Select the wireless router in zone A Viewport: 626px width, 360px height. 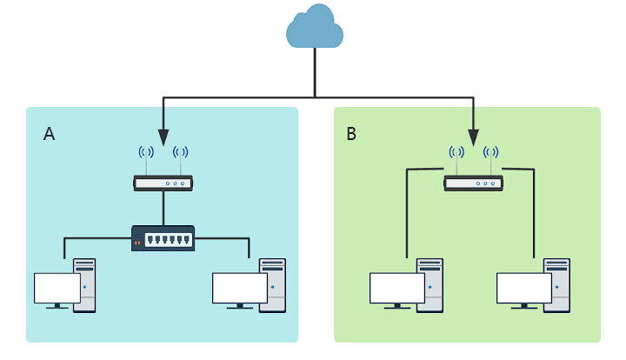[x=163, y=183]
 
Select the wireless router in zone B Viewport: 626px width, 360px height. [x=474, y=183]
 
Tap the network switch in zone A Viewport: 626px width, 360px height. [x=163, y=237]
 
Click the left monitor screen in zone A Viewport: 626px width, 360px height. [x=57, y=288]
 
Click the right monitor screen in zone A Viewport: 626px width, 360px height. [x=239, y=288]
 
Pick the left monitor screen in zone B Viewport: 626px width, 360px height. [x=397, y=288]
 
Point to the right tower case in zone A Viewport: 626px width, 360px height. [x=273, y=283]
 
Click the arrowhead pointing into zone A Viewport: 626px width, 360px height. [x=163, y=138]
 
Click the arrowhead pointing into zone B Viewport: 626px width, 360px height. [x=474, y=137]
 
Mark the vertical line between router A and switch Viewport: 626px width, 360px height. [x=163, y=208]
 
